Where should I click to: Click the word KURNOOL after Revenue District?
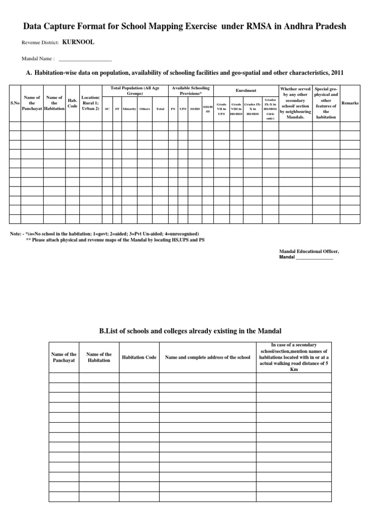tap(78, 43)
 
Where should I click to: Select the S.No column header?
tap(14, 103)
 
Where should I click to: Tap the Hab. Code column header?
tap(72, 103)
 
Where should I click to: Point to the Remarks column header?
tap(350, 103)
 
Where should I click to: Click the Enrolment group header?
tap(246, 91)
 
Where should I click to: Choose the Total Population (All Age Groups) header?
tap(135, 91)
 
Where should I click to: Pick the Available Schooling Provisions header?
tap(190, 91)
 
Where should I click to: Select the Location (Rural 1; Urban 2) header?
tap(90, 103)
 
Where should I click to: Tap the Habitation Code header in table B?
tap(139, 357)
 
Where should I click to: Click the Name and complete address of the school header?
tap(208, 357)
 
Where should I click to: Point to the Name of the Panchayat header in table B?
tap(64, 357)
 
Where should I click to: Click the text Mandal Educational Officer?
tap(310, 252)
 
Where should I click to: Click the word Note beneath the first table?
tap(15, 234)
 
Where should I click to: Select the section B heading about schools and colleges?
tap(190, 330)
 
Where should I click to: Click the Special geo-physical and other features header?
tap(326, 103)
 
